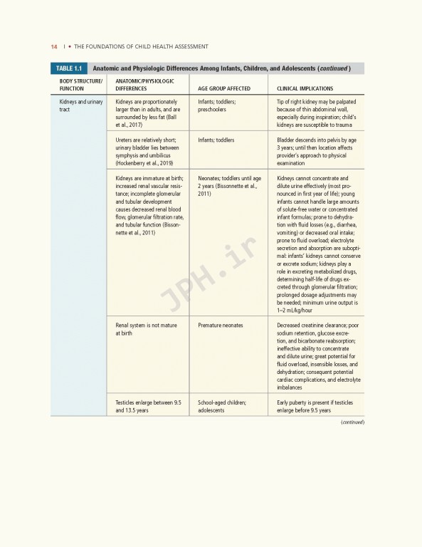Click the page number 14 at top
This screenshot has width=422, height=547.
(x=54, y=46)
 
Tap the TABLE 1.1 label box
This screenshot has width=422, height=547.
(x=68, y=68)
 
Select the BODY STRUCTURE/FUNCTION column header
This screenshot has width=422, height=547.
(x=80, y=85)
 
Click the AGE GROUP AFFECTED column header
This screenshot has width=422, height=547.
(x=223, y=89)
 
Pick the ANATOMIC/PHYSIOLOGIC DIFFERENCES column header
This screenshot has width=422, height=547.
(x=144, y=85)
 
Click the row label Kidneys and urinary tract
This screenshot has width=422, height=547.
(x=80, y=106)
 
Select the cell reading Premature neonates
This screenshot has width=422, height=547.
(x=221, y=325)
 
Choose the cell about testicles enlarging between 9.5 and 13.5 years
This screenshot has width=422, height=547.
(x=148, y=407)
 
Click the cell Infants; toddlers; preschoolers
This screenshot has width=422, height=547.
(x=217, y=106)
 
